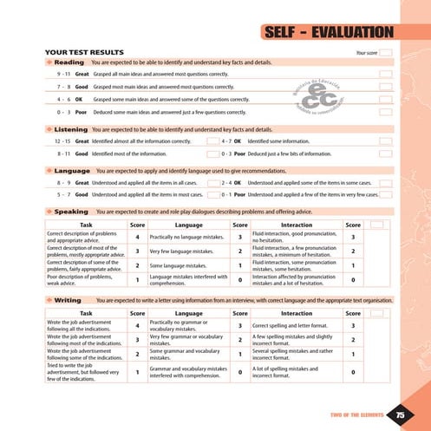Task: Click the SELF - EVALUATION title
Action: click(327, 34)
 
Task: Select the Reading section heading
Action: click(69, 63)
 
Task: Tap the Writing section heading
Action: click(68, 299)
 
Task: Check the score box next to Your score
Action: click(386, 53)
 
